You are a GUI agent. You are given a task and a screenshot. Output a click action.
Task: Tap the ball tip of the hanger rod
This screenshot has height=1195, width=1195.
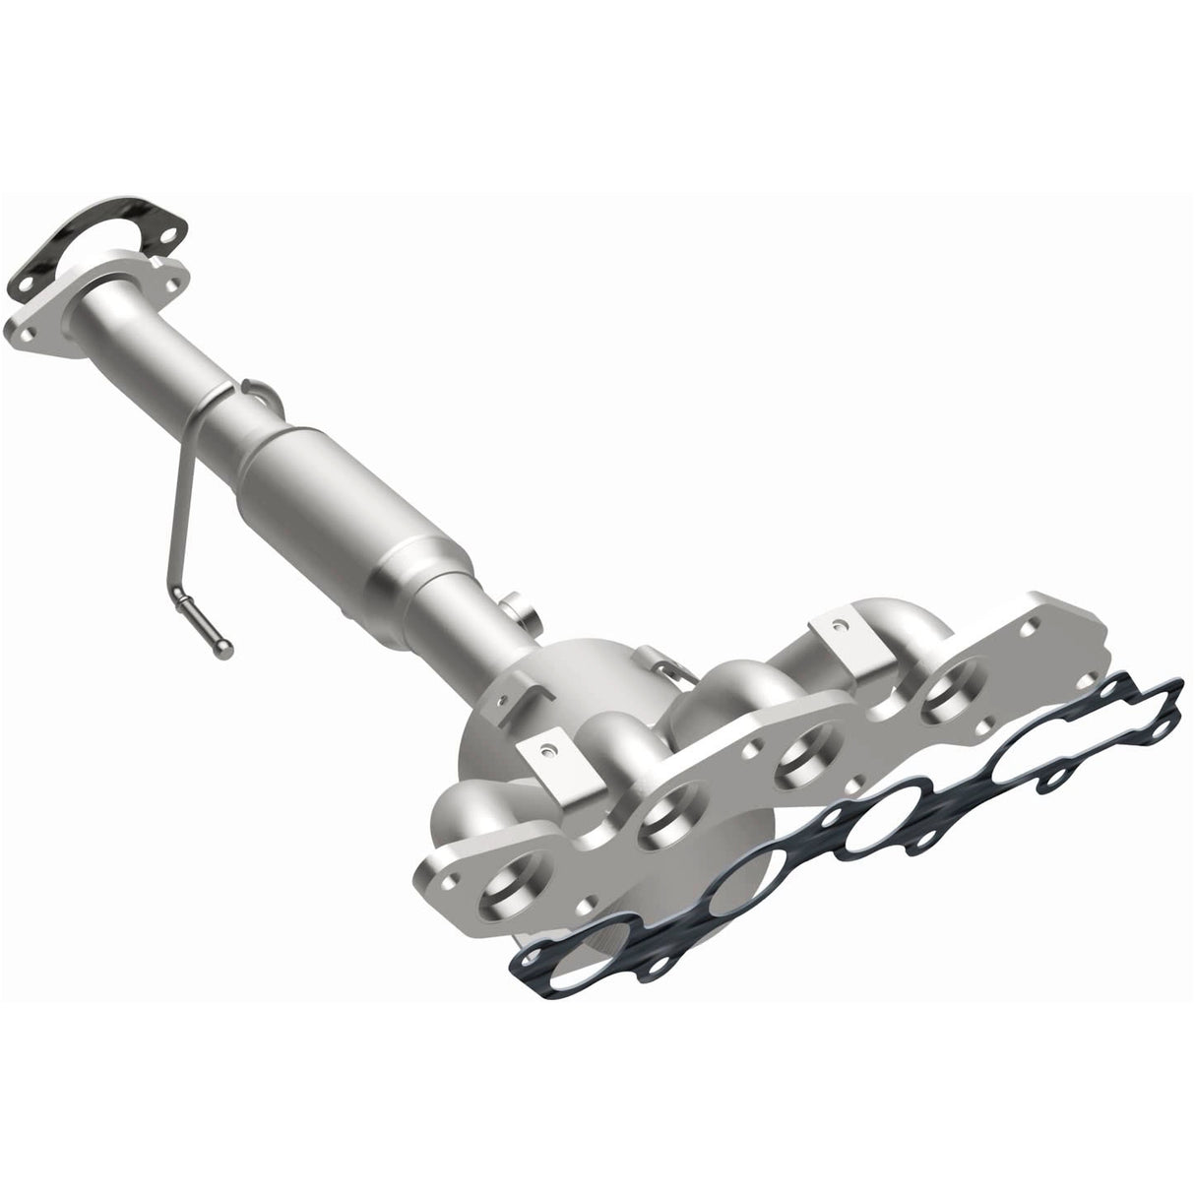[225, 646]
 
